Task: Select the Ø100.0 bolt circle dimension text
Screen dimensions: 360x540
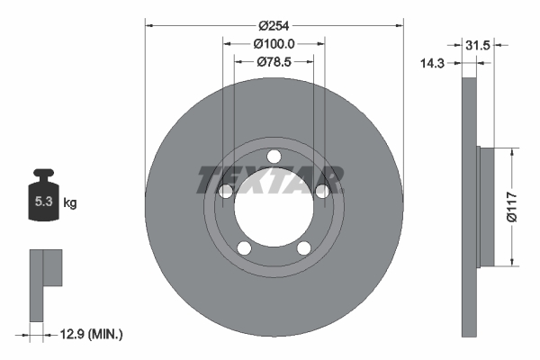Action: (x=274, y=43)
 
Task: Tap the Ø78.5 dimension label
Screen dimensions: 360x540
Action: (x=274, y=61)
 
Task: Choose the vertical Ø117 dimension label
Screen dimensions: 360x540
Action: (x=510, y=206)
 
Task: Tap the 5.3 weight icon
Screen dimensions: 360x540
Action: (x=42, y=200)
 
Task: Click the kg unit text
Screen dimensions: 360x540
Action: (x=70, y=203)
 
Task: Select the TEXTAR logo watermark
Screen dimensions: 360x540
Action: (x=270, y=179)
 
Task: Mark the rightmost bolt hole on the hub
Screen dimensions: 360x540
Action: (x=320, y=189)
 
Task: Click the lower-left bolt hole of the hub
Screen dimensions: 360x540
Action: (x=244, y=247)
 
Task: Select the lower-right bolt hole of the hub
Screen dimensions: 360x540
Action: (x=303, y=247)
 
